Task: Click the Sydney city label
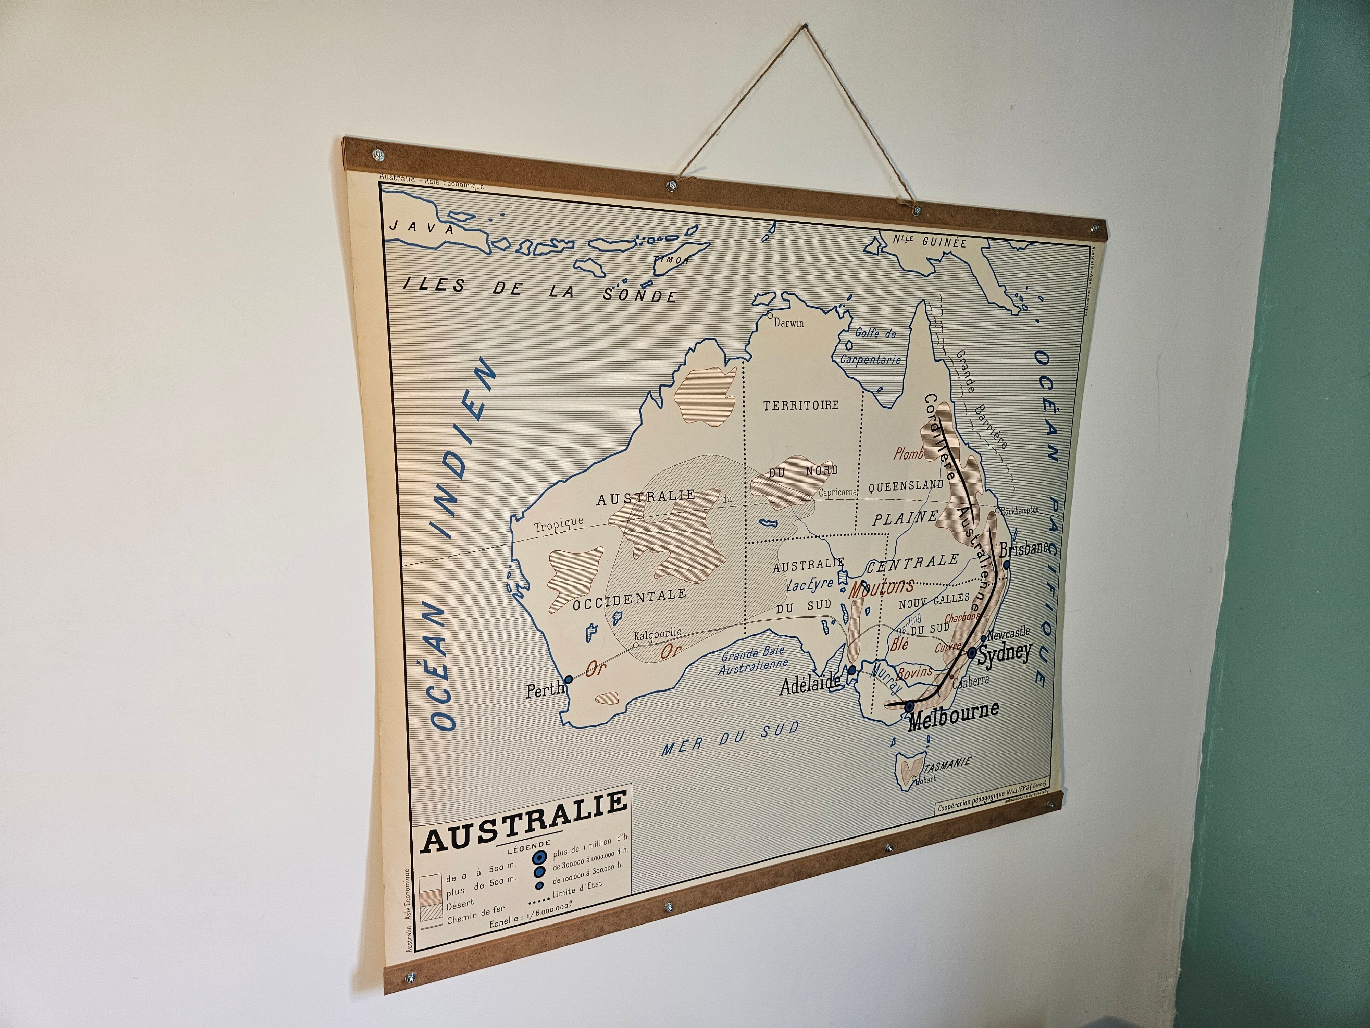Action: [1005, 652]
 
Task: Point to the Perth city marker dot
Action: [569, 679]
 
